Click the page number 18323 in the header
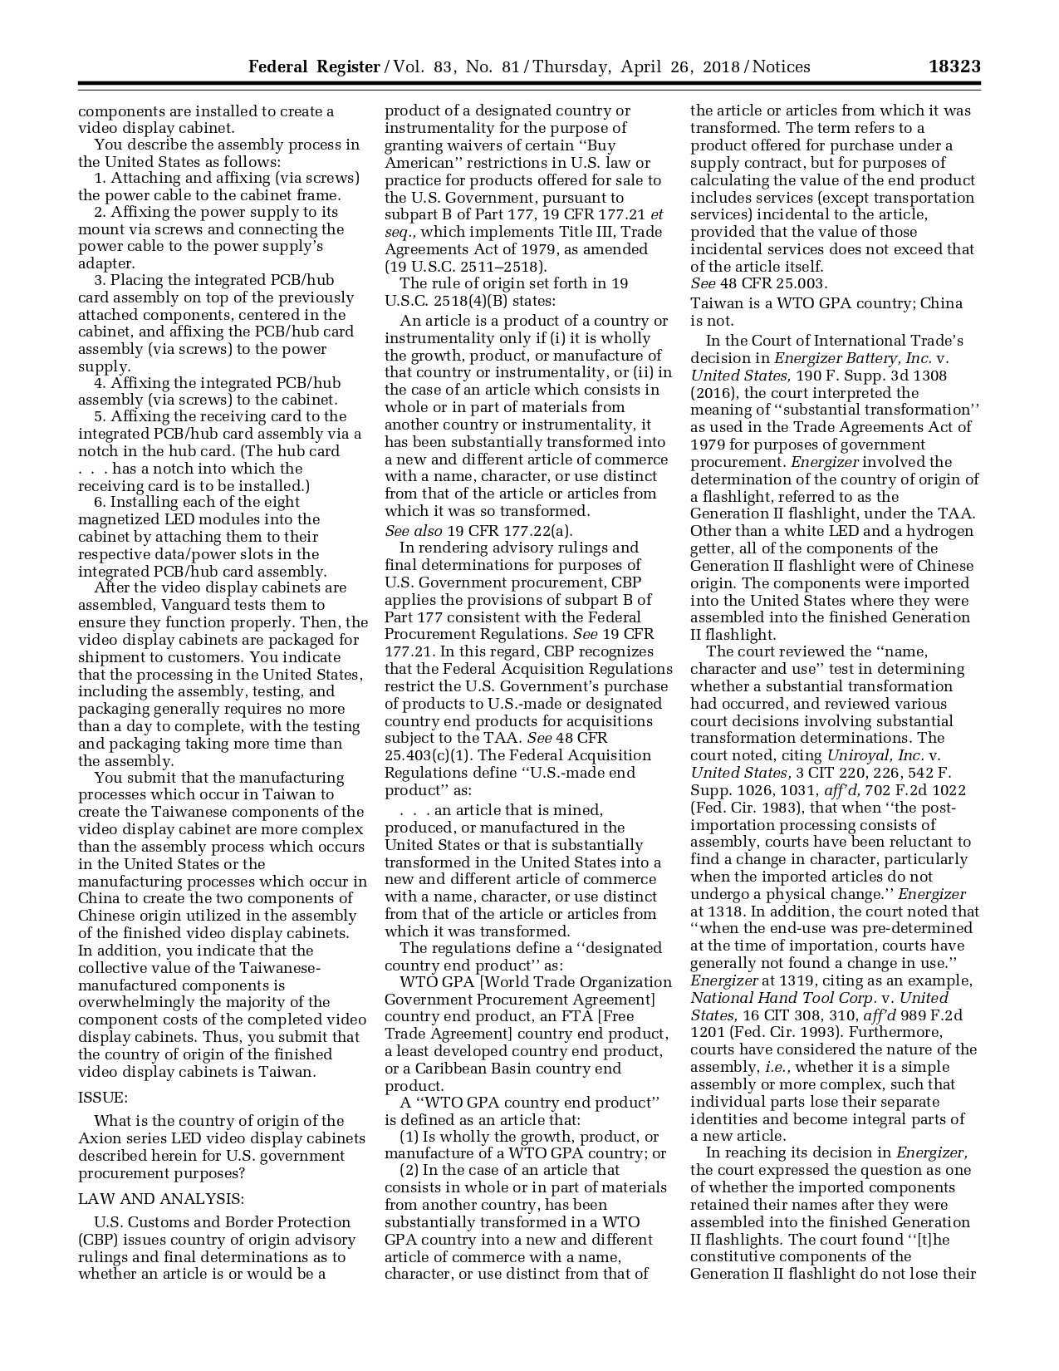(954, 66)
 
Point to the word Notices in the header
(781, 66)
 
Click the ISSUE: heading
(102, 1097)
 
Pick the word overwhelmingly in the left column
(137, 1003)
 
